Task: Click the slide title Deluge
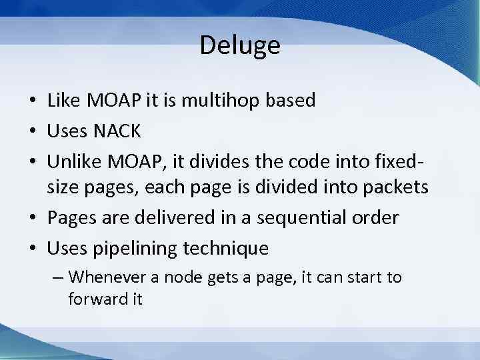click(240, 46)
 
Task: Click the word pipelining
click(137, 249)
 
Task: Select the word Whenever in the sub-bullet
click(103, 277)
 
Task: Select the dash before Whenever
click(58, 277)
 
